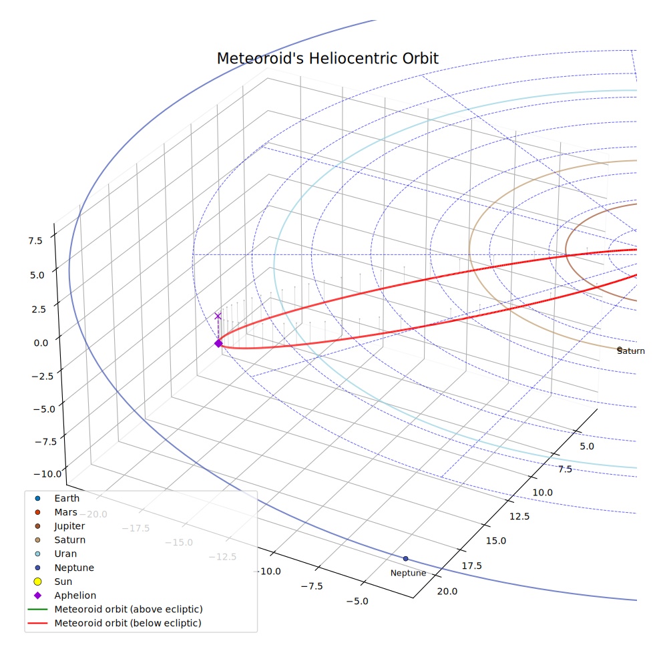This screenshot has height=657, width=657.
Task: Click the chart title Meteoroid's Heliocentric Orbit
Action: (x=328, y=58)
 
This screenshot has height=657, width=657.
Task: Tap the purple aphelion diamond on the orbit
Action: (x=218, y=343)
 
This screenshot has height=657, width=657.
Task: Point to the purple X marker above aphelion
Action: (x=218, y=316)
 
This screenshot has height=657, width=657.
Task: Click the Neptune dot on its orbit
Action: (x=405, y=559)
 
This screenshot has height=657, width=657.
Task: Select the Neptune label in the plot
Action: (x=408, y=573)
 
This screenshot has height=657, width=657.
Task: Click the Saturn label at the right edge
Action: (x=630, y=351)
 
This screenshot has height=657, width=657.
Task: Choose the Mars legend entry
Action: (x=56, y=512)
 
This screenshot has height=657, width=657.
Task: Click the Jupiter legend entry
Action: (x=60, y=526)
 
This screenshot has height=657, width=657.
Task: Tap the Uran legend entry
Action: (x=55, y=554)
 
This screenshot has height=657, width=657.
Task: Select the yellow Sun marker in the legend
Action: (x=37, y=582)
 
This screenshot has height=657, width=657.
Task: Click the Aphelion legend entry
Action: (x=65, y=596)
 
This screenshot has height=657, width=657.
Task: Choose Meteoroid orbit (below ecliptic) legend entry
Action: (x=114, y=623)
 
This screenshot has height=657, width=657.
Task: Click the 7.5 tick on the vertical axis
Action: (x=35, y=240)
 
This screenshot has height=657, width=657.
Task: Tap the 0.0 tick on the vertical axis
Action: (x=41, y=343)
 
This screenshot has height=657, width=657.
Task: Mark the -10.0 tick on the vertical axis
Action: (x=47, y=474)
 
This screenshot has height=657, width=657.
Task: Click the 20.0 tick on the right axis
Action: (x=447, y=591)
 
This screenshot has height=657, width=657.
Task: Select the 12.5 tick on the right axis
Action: (x=519, y=516)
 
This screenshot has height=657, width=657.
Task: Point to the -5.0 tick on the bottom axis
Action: (x=357, y=602)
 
